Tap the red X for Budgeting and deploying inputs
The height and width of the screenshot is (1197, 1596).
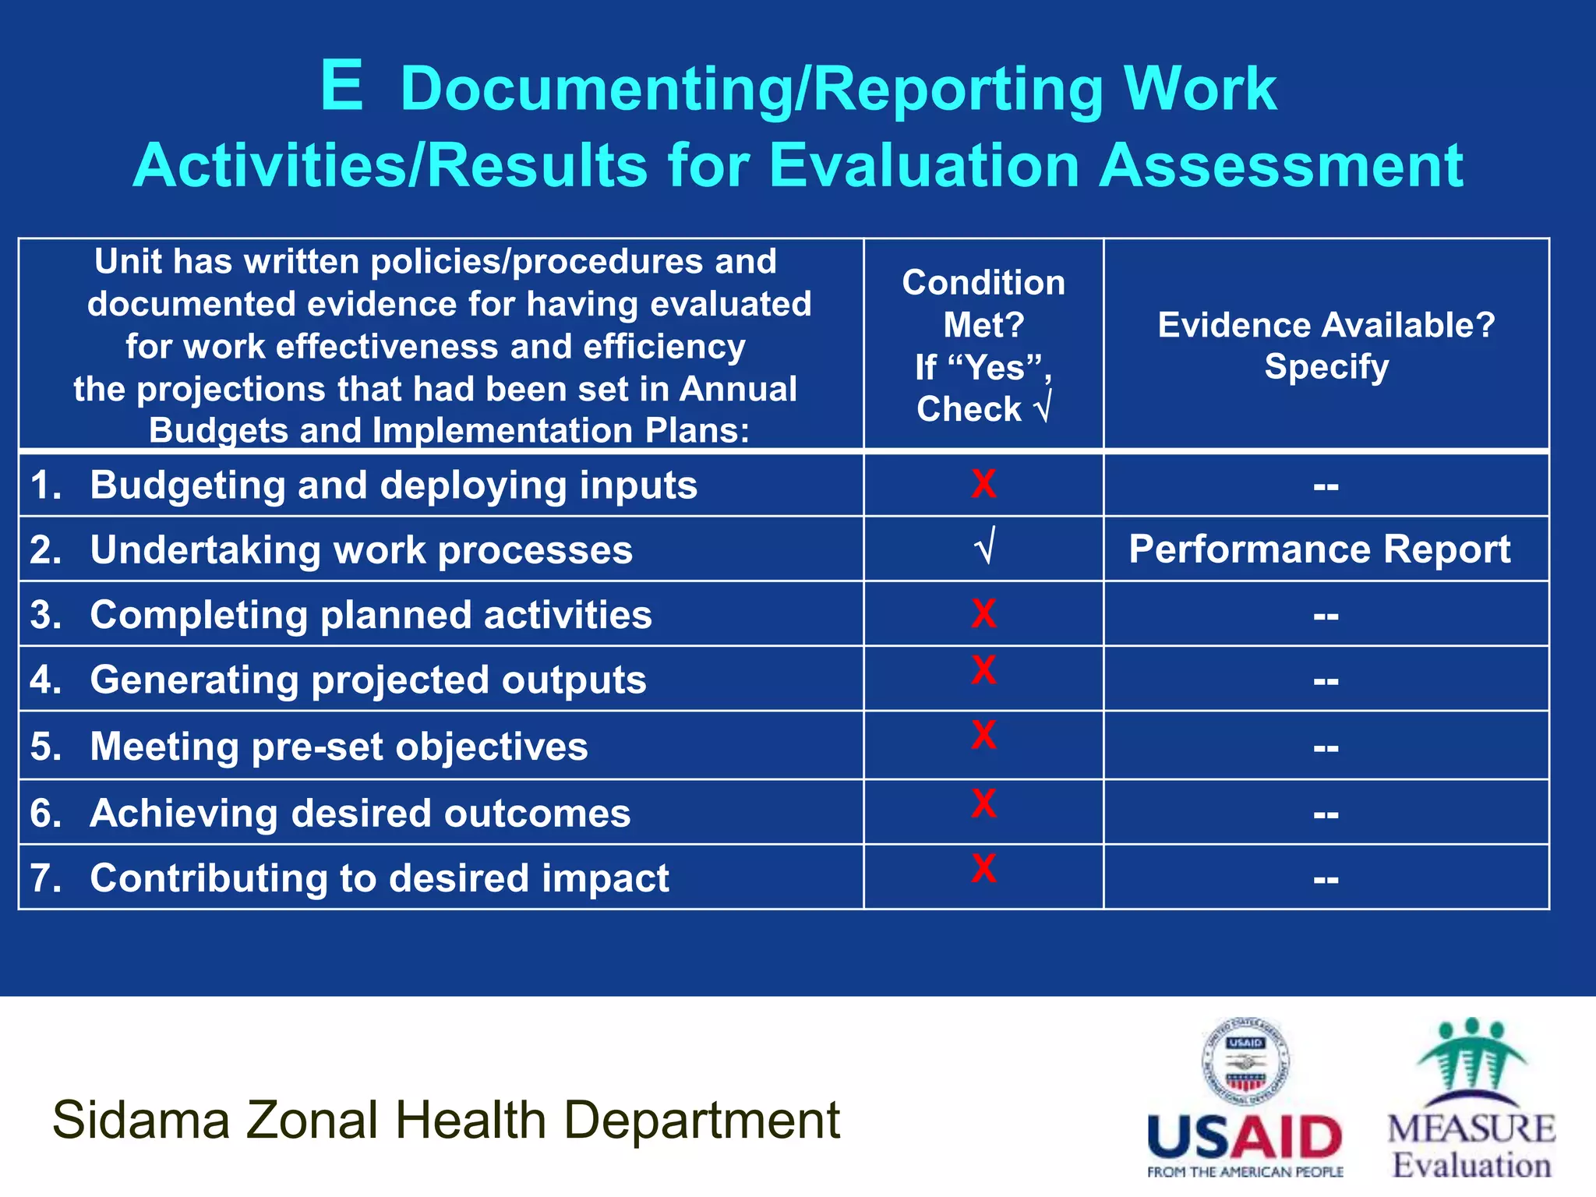pyautogui.click(x=983, y=484)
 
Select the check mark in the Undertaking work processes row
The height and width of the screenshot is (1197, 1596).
pyautogui.click(x=984, y=547)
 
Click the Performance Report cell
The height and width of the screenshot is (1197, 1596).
pyautogui.click(x=1319, y=549)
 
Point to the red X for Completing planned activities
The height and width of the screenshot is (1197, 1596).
pyautogui.click(x=983, y=613)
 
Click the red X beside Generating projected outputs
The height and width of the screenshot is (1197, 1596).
pyautogui.click(x=983, y=670)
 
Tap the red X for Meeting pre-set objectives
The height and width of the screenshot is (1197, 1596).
pyautogui.click(x=983, y=735)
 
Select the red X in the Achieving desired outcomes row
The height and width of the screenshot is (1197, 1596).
pyautogui.click(x=983, y=803)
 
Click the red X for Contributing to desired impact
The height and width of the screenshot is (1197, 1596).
pyautogui.click(x=983, y=868)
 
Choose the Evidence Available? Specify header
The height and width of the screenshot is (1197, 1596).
pyautogui.click(x=1326, y=345)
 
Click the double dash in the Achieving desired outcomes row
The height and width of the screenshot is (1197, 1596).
pyautogui.click(x=1326, y=815)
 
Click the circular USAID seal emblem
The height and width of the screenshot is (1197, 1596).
pyautogui.click(x=1245, y=1061)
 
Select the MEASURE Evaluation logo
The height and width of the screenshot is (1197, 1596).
pyautogui.click(x=1471, y=1100)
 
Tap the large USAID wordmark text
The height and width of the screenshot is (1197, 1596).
pyautogui.click(x=1245, y=1138)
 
